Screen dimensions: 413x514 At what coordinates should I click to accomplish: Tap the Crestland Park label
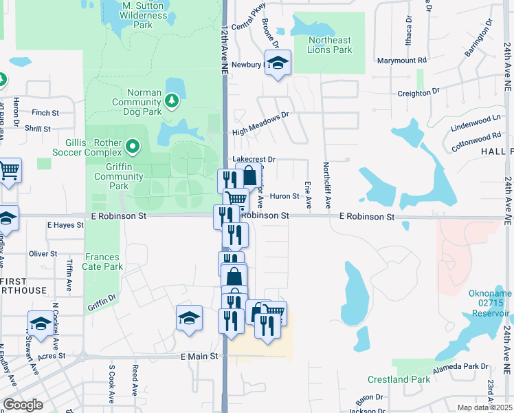(x=399, y=379)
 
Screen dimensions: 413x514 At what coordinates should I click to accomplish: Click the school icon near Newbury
(x=278, y=64)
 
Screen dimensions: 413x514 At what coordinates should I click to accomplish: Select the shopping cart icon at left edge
(x=8, y=170)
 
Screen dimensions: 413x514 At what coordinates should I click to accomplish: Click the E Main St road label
(x=199, y=356)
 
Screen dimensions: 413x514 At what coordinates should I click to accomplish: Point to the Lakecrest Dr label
(x=254, y=159)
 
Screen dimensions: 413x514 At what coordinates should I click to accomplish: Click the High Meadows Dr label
(x=260, y=125)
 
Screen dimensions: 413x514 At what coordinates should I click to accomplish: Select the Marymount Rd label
(x=402, y=60)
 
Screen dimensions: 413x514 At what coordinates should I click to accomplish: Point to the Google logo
(x=23, y=404)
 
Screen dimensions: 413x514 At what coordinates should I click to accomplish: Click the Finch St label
(x=45, y=112)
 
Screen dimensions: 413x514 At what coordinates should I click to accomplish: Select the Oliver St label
(x=43, y=253)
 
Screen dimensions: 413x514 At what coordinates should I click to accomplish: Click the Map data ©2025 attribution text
(x=484, y=407)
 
